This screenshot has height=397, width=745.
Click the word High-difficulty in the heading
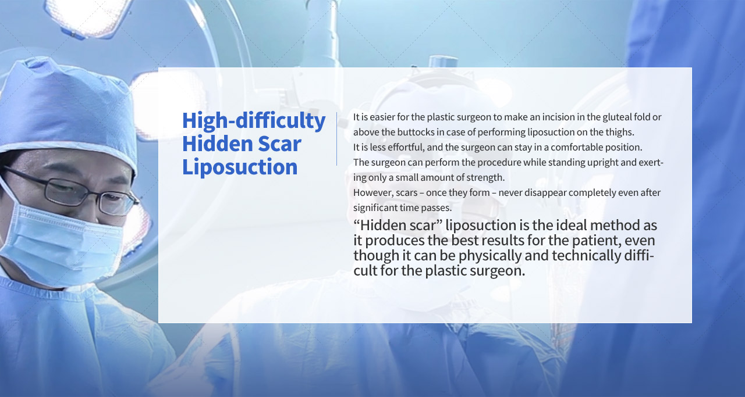coord(254,121)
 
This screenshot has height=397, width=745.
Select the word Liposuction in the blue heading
coord(240,167)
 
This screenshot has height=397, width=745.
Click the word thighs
coord(620,132)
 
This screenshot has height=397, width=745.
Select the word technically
coord(586,256)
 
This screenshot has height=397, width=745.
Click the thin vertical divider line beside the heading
coord(336,139)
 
